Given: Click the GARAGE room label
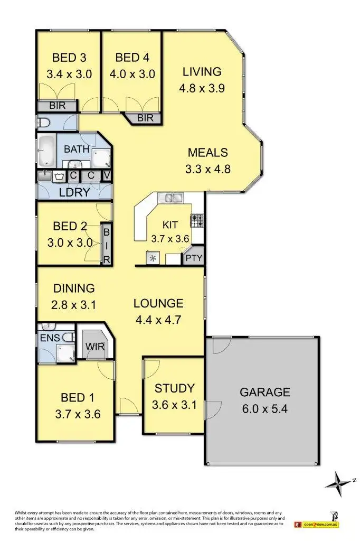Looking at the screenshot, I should (x=264, y=392).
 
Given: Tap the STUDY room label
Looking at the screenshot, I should (x=174, y=389).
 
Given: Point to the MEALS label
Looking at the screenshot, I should (x=208, y=153).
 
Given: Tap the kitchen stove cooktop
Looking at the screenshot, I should (x=197, y=220).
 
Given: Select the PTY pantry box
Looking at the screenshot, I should (x=193, y=258).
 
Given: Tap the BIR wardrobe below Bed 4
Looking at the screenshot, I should (x=145, y=118).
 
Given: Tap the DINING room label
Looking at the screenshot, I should (x=74, y=288).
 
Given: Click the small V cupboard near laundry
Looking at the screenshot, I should (x=107, y=175).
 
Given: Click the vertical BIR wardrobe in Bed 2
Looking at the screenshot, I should (x=106, y=245).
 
